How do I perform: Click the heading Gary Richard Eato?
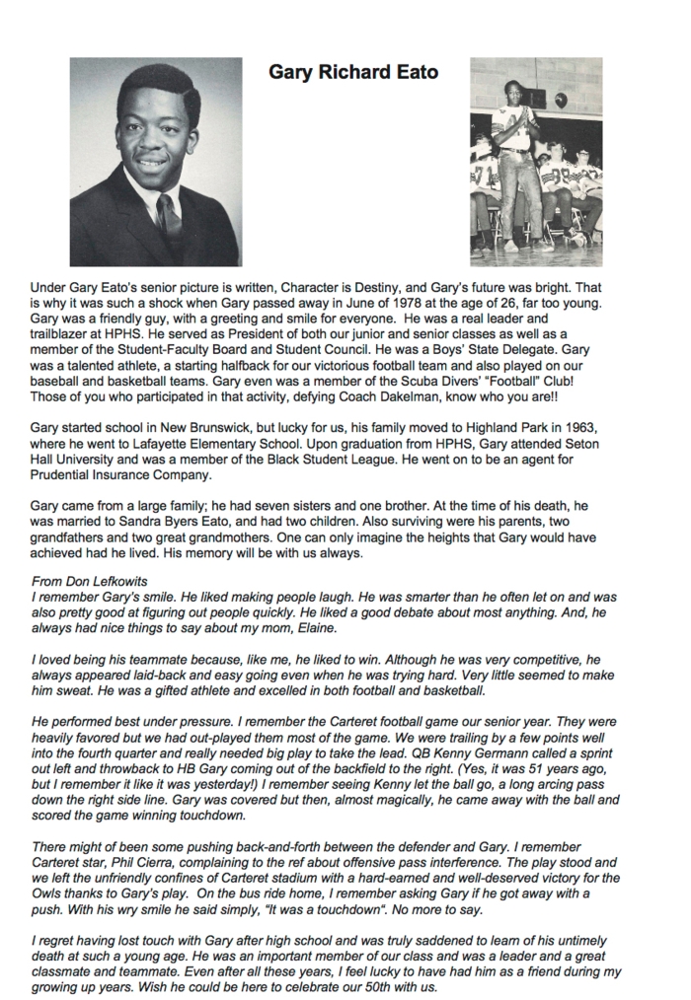(x=353, y=73)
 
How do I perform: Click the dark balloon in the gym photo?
(x=561, y=100)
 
